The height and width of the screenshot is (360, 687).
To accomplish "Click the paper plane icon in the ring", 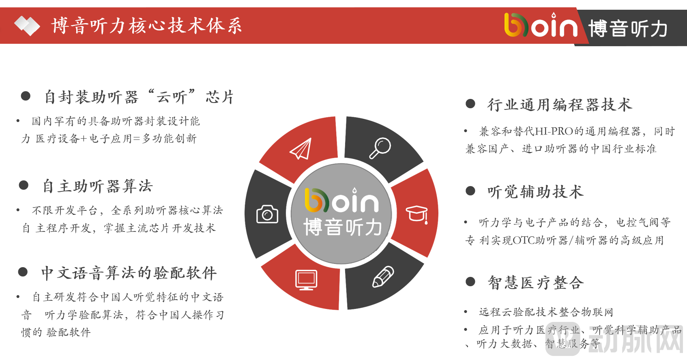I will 301,149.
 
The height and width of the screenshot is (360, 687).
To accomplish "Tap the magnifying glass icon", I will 380,148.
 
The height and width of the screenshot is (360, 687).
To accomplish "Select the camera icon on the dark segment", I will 267,214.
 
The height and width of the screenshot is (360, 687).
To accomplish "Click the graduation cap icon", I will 417,214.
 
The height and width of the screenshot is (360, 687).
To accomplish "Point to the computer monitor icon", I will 306,280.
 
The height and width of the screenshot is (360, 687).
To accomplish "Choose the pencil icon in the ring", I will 383,276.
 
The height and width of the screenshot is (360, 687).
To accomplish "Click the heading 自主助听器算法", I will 97,186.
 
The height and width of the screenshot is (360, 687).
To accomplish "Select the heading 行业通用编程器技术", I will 560,105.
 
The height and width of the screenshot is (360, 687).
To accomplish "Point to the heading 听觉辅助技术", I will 535,192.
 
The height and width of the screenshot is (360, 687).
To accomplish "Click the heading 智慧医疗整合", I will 536,282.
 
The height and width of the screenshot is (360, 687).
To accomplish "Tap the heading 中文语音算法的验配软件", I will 129,273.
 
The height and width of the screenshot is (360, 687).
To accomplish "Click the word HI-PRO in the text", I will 554,131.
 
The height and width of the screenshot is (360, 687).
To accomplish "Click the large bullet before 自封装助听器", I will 26,96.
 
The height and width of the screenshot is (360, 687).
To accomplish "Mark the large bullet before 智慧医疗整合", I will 470,282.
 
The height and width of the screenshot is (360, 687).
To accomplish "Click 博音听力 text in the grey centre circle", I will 343,227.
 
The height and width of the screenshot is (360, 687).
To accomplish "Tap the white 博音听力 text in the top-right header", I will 628,29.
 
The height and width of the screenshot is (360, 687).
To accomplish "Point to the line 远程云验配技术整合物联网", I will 546,312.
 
